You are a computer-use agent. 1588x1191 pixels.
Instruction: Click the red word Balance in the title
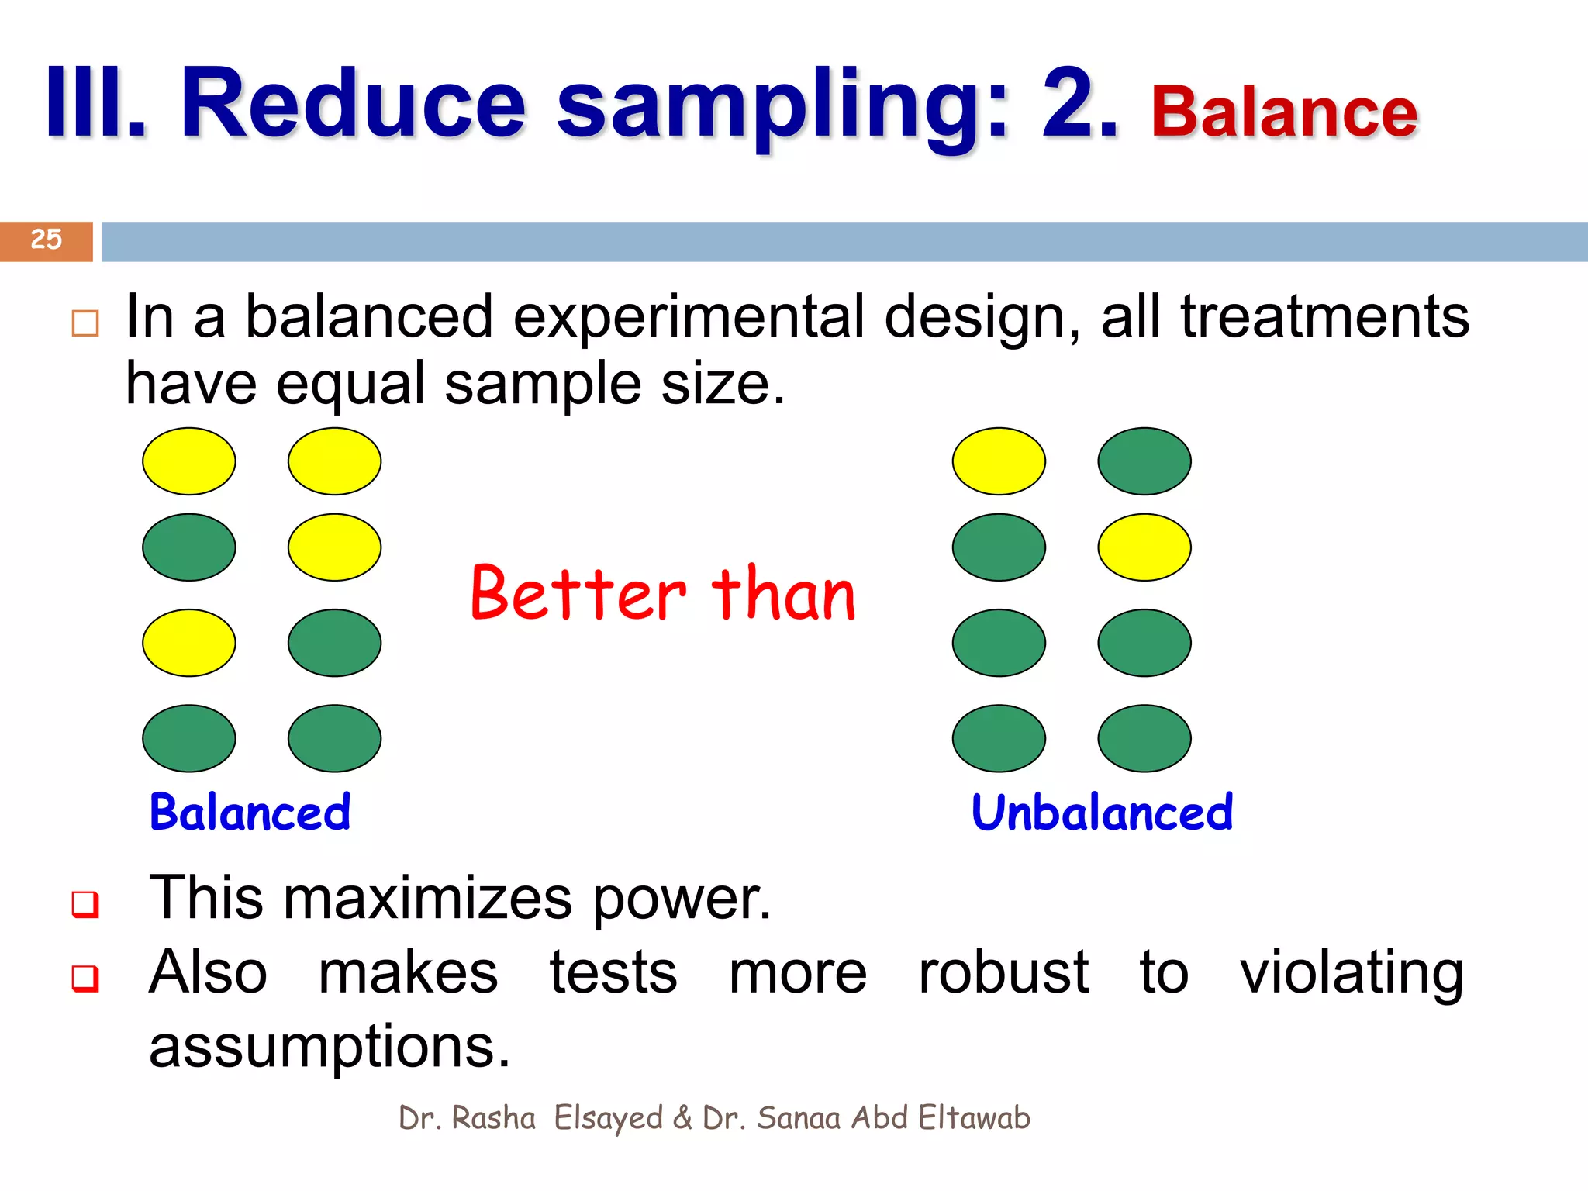click(1284, 113)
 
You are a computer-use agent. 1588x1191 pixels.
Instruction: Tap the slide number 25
click(46, 240)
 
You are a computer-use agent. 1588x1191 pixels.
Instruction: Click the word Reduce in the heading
click(353, 104)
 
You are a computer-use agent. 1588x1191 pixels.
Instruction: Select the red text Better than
click(663, 594)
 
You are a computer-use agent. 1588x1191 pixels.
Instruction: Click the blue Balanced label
click(250, 813)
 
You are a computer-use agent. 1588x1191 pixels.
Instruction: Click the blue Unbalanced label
click(1101, 813)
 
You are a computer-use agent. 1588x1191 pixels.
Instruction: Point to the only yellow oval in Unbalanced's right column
click(1144, 547)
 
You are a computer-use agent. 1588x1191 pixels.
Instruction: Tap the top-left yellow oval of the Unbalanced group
click(999, 461)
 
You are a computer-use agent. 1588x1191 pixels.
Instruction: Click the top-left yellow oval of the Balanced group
click(188, 461)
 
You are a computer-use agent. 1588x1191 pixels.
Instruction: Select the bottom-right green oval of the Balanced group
click(334, 738)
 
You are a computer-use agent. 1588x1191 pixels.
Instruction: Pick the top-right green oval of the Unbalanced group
click(1144, 461)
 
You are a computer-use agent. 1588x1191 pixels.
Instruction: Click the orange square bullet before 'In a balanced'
click(85, 323)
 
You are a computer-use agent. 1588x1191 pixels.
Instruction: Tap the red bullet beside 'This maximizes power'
click(85, 903)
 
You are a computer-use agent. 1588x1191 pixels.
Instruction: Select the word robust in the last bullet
click(1003, 972)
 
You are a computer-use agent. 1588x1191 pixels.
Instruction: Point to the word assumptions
click(329, 1047)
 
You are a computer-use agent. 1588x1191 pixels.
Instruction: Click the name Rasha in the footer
click(493, 1118)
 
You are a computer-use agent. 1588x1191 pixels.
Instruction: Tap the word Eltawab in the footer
click(974, 1118)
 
